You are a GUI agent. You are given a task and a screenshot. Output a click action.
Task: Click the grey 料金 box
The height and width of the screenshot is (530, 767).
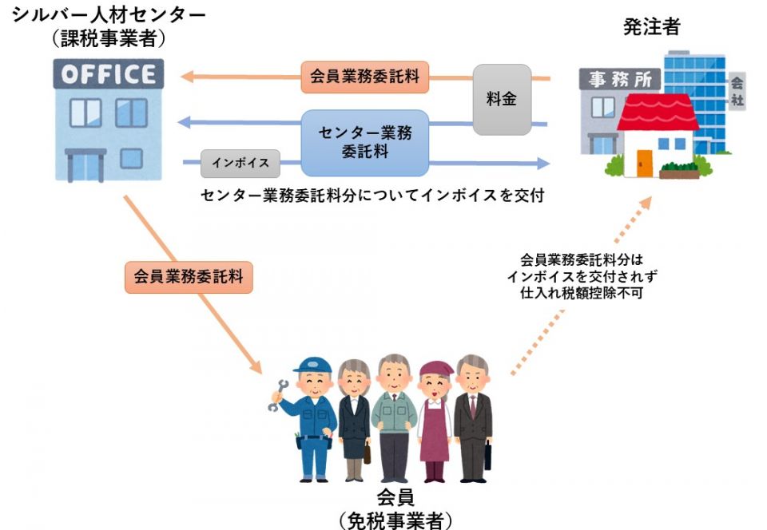(502, 99)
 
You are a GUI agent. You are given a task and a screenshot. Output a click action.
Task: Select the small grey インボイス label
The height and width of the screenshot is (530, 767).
(240, 163)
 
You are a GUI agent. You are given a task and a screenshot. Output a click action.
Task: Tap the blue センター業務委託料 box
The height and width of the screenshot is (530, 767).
(364, 142)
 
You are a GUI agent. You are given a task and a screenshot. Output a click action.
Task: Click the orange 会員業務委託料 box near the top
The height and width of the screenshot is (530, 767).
(364, 78)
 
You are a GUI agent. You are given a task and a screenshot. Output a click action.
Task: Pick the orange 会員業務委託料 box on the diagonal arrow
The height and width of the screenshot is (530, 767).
(189, 277)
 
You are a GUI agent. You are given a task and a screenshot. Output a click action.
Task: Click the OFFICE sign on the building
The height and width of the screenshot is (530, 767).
(109, 75)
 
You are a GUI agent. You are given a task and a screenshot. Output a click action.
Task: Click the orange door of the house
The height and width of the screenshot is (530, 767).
(644, 163)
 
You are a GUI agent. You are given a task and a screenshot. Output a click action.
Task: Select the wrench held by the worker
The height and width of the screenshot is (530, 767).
(279, 396)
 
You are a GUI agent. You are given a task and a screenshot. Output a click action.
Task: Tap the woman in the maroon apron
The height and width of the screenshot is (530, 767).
(435, 419)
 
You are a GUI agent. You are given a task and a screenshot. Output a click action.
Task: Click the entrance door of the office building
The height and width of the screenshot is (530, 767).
(85, 165)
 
